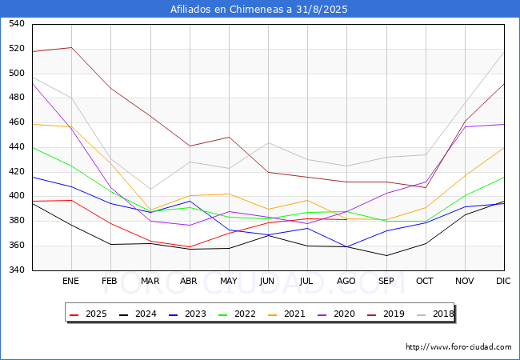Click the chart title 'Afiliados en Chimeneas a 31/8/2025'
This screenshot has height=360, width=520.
pos(260,10)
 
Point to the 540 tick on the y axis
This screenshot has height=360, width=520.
pos(16,24)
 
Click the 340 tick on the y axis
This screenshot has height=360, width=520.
pos(16,270)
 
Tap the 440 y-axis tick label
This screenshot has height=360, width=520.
pos(16,147)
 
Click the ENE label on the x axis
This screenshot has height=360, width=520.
pos(71,282)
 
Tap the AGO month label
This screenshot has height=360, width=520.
pos(346,282)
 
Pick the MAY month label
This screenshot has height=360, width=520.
pos(229,282)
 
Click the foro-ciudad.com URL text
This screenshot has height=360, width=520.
pos(458,347)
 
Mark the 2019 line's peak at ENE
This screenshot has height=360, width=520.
pos(72,47)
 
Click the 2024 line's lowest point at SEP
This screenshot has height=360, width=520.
pos(386,256)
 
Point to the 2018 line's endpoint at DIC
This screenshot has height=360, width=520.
pos(504,52)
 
